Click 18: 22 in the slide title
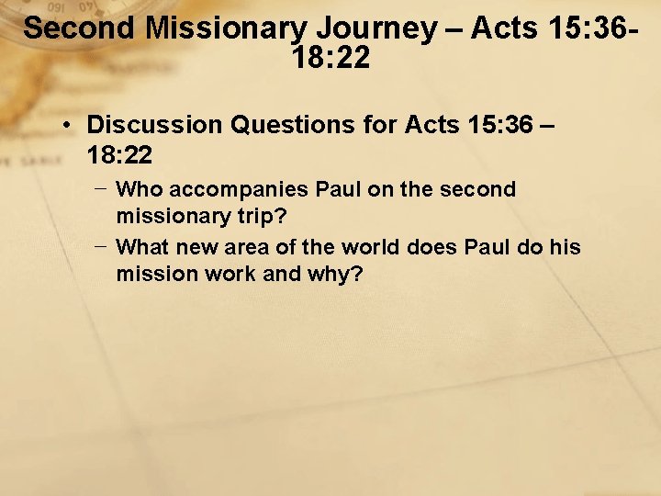(330, 59)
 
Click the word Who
(137, 190)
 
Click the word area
(247, 247)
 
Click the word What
(142, 247)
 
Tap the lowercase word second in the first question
(477, 190)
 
